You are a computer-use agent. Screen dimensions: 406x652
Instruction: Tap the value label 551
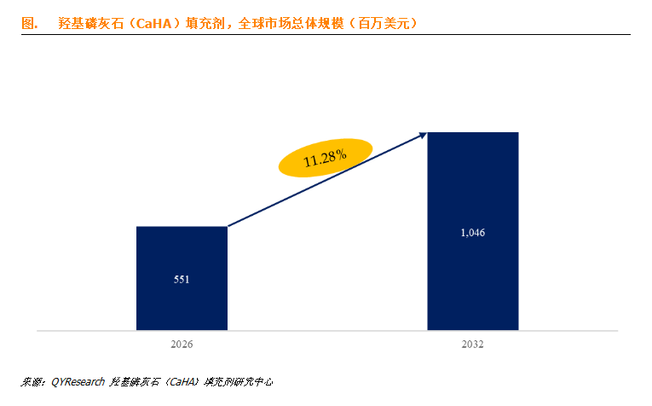coord(182,278)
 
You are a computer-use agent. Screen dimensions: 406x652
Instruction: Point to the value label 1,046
coord(472,232)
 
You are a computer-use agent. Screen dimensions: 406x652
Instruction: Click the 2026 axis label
coord(182,344)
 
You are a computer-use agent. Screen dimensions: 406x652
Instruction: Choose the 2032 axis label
coord(472,344)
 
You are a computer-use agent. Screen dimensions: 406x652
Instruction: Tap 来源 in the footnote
coord(32,382)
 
